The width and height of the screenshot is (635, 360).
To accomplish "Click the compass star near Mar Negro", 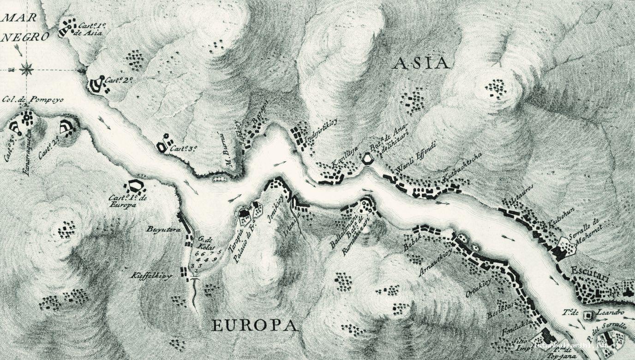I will [27, 70].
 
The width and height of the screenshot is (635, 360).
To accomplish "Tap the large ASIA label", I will [421, 63].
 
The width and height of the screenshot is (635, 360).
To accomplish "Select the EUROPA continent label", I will [254, 326].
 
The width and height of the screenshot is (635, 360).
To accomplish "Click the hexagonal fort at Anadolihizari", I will [368, 159].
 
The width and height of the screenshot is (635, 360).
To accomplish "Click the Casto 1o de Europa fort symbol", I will [135, 186].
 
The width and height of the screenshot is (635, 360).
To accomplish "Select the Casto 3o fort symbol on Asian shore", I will [164, 145].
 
